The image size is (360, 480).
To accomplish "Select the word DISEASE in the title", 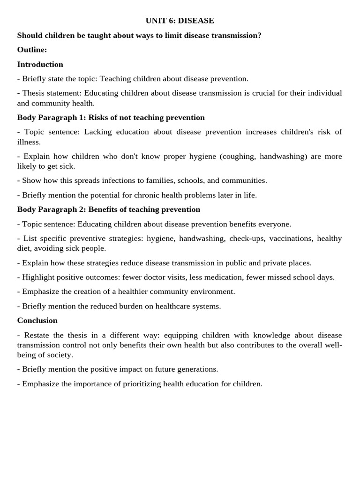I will click(196, 21).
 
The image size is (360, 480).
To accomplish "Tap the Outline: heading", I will click(32, 50).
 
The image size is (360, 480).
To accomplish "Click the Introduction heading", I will click(40, 64).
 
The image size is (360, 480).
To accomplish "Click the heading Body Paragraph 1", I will click(51, 117).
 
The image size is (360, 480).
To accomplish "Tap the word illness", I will click(29, 142).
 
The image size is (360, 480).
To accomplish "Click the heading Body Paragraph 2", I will click(51, 209).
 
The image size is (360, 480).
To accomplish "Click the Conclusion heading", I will click(37, 320).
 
